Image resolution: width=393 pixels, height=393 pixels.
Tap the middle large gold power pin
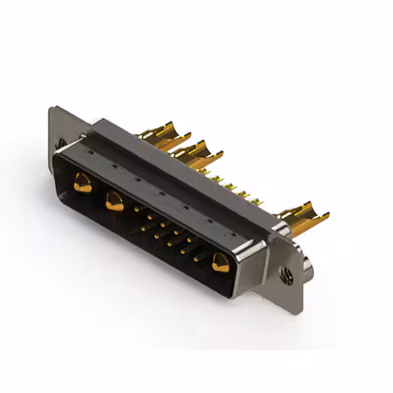(114, 201)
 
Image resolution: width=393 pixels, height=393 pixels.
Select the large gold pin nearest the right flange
(219, 263)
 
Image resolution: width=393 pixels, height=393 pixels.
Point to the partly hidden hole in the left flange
(62, 144)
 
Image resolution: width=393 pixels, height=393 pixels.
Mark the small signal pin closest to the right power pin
(196, 259)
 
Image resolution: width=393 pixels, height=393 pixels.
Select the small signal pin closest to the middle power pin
(136, 209)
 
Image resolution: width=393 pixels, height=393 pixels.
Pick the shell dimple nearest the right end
(233, 235)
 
